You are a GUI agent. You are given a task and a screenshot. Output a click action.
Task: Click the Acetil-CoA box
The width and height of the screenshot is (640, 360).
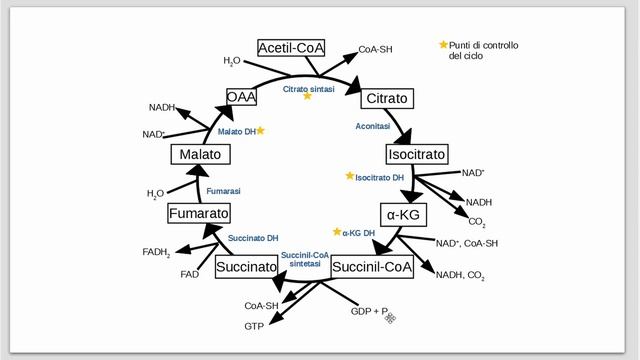coord(289,48)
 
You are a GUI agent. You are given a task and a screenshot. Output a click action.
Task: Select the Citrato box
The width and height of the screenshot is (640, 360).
coord(386,99)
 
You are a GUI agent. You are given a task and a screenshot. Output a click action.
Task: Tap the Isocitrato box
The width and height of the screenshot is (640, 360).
coord(417,155)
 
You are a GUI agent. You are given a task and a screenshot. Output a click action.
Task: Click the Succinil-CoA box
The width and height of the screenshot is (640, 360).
coord(372,267)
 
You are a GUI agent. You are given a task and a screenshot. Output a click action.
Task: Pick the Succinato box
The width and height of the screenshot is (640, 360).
coord(246,267)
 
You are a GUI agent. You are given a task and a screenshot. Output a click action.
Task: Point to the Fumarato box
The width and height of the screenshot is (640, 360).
coord(199,214)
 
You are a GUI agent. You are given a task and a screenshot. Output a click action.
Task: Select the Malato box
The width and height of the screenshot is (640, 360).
coord(201,155)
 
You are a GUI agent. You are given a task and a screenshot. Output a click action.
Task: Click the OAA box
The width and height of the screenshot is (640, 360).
coord(241,97)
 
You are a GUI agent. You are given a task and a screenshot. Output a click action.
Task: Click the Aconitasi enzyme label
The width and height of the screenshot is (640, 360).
coord(374,127)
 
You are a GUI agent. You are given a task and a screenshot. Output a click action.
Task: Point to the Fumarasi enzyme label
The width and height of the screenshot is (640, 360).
coord(224,190)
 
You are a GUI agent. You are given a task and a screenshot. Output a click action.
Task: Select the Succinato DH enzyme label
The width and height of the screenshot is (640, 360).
coord(253,238)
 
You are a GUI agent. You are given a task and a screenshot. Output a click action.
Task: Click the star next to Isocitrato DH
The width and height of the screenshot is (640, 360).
coord(350,176)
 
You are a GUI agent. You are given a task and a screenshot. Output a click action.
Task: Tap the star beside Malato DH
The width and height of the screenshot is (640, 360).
coord(260,130)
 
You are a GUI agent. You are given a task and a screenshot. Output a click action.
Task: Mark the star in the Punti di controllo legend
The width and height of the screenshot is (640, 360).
coord(444,45)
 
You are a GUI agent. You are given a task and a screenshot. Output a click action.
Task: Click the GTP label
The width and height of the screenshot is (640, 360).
coord(254,327)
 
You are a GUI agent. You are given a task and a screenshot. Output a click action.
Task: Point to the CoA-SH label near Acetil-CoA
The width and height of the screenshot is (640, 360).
coord(376,49)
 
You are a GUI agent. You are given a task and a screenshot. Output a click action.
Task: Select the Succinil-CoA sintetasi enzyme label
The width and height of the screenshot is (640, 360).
coord(305,260)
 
